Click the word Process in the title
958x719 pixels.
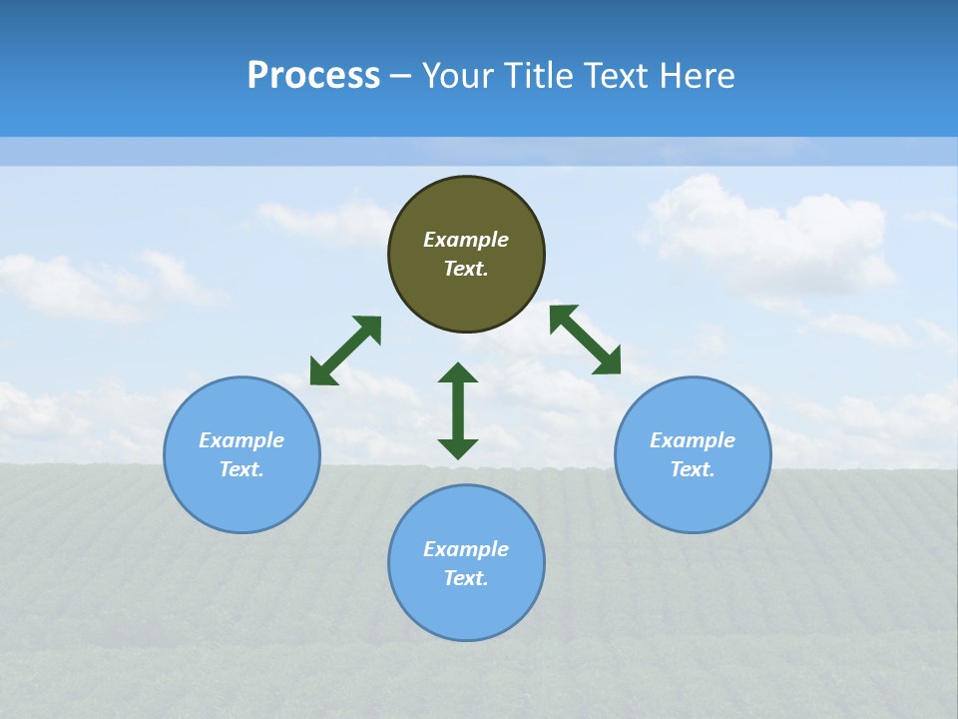pos(313,76)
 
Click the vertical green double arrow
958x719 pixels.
pos(458,410)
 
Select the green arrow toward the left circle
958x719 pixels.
pos(345,351)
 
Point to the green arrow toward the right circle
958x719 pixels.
pos(586,340)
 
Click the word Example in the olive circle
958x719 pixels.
pos(466,240)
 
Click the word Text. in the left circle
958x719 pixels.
pos(241,469)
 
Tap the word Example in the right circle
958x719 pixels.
pos(693,440)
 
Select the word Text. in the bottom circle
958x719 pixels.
pos(466,578)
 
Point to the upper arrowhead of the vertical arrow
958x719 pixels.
pos(458,372)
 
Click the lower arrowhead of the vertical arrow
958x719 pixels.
pos(458,448)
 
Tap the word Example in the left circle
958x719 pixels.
pos(241,440)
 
